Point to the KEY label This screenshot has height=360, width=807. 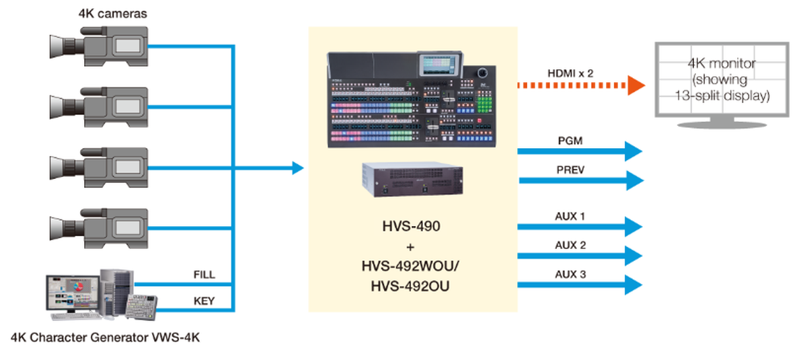click(203, 301)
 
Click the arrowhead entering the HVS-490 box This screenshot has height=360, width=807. click(298, 168)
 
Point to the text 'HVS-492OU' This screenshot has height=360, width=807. click(412, 286)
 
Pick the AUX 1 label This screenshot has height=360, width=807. click(571, 217)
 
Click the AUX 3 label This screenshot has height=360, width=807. click(571, 274)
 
